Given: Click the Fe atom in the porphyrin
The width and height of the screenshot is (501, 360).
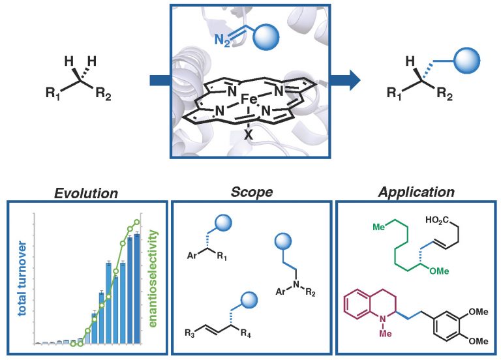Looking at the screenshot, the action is point(249,99).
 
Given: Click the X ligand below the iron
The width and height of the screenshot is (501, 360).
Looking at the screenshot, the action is point(249,136).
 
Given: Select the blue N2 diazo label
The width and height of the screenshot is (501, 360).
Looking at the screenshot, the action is point(222,40).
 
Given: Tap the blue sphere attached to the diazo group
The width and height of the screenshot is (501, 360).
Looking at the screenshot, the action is point(266,37).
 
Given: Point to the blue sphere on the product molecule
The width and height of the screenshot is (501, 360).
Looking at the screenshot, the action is point(467,61).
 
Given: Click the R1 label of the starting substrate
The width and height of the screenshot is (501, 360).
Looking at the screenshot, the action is point(53,93).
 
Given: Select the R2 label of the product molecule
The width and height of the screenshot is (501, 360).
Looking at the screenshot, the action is point(445,94).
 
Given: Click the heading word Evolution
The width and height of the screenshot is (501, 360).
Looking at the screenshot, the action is point(86,193).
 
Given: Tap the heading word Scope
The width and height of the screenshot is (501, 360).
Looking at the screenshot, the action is point(252,192).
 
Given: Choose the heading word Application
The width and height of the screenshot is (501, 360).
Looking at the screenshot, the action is point(416,192).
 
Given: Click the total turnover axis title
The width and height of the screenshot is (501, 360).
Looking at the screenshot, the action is point(22,278).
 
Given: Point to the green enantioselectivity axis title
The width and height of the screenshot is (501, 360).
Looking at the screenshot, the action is point(153,278).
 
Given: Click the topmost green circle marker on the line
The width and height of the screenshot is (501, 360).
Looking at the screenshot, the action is point(137,222).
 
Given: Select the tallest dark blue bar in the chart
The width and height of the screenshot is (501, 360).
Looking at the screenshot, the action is point(137,289).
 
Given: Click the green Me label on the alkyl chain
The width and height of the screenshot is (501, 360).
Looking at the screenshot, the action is point(379,227).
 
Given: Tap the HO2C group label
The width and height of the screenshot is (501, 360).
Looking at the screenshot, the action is point(437,220).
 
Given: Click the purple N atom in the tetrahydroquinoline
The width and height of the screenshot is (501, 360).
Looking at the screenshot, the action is point(384,320).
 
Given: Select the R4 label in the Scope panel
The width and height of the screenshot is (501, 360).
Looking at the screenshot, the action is point(246,334).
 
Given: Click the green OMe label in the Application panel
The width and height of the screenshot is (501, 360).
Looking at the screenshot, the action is point(439,271).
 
